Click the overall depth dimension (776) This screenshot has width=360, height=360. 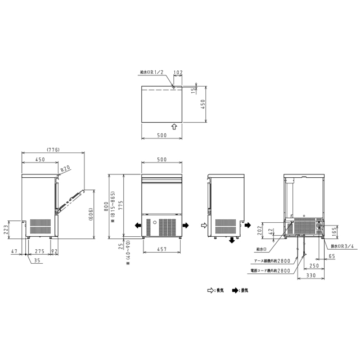52,150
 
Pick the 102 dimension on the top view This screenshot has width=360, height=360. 179,73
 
